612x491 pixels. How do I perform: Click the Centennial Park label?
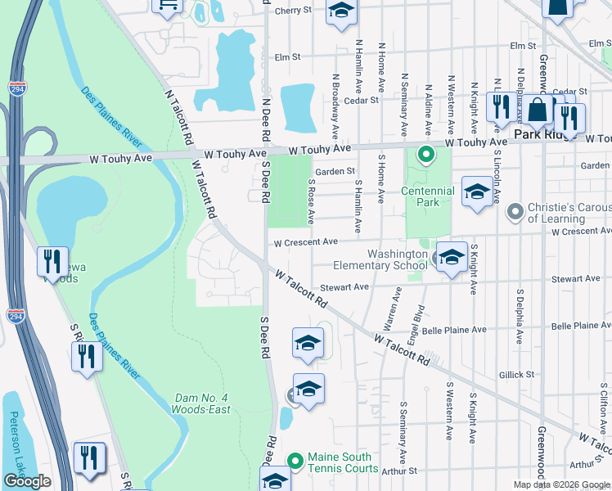click(430, 196)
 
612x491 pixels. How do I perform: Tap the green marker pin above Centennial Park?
click(425, 154)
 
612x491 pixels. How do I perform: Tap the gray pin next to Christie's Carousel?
click(515, 212)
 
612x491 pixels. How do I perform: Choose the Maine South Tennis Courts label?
click(339, 462)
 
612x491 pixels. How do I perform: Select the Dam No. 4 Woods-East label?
click(201, 403)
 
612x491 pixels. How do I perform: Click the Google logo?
click(27, 481)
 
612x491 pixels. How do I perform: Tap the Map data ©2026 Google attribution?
click(561, 484)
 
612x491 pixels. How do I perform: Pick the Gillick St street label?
click(516, 374)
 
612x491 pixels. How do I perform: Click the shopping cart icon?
click(168, 6)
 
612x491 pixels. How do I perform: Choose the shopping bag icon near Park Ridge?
click(538, 110)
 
